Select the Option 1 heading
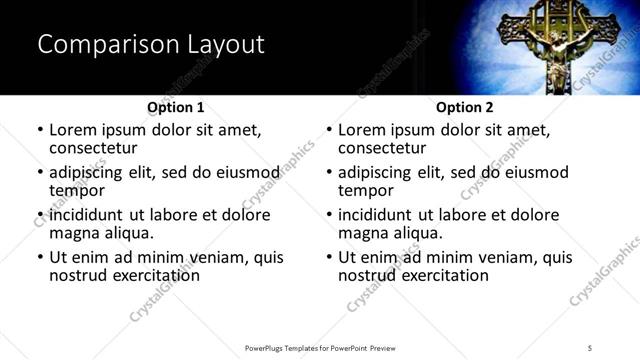tap(176, 107)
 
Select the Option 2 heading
tap(465, 107)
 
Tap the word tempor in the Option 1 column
tap(77, 191)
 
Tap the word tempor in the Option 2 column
tap(365, 191)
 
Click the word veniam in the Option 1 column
tap(224, 257)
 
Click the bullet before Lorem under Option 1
tap(40, 130)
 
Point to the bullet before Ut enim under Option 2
tap(329, 257)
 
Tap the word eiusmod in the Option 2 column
tap(534, 172)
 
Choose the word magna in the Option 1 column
tap(76, 233)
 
